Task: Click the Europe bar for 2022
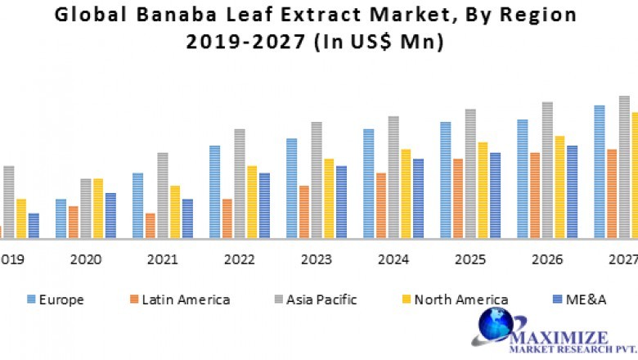coord(214,192)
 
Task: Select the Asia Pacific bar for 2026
coord(547,170)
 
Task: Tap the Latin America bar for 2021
coord(150,226)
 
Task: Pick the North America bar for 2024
coord(406,194)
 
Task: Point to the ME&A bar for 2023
coord(341,202)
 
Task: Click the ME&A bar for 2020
coord(110,216)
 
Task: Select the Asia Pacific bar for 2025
coord(470,173)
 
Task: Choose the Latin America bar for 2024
coord(380,205)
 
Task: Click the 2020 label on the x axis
coord(86,260)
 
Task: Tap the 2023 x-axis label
coord(316,260)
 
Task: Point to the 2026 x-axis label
coord(546,260)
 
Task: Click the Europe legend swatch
coord(31,299)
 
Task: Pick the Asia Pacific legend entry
coord(320,299)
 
